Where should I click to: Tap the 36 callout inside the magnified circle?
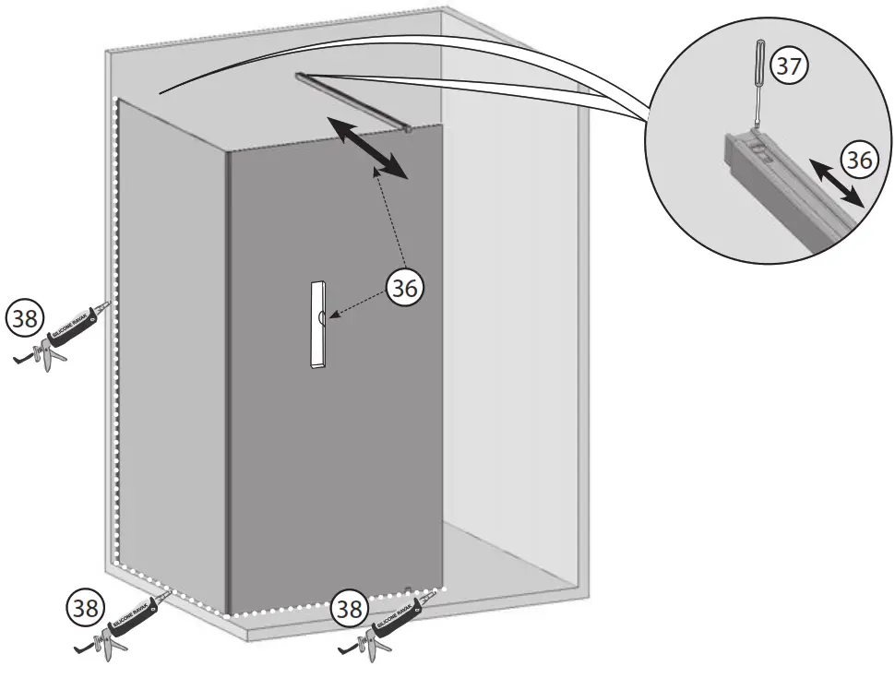859,161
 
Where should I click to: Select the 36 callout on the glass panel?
403,287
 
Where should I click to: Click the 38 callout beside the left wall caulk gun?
23,318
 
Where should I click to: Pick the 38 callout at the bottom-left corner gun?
84,608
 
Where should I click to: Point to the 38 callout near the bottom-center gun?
350,608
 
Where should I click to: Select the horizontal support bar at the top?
351,101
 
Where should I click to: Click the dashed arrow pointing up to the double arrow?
391,221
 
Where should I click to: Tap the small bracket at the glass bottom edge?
407,587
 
